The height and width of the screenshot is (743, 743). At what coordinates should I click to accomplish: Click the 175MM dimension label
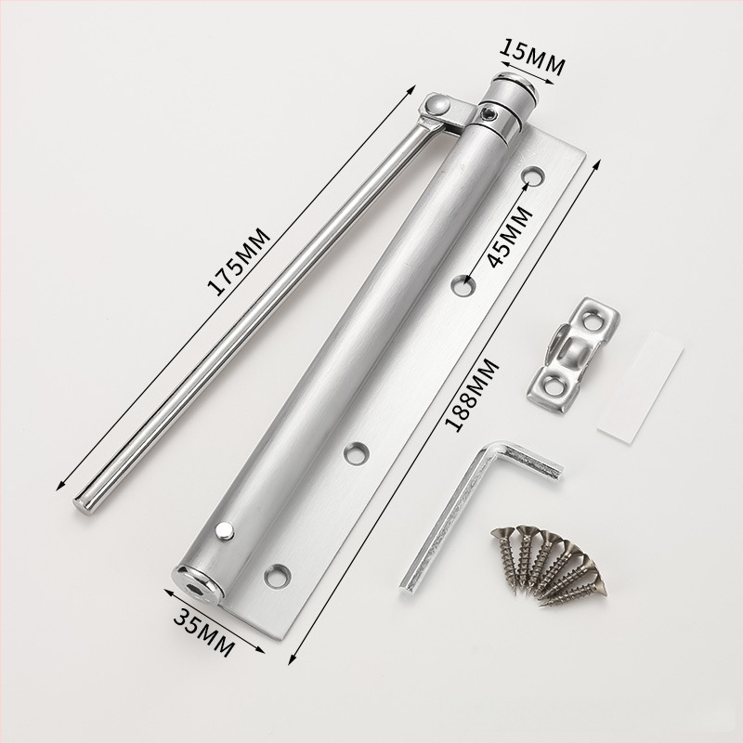click(239, 262)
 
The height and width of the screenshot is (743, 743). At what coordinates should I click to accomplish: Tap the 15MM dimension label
click(533, 57)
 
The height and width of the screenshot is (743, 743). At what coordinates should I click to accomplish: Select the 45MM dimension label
click(509, 237)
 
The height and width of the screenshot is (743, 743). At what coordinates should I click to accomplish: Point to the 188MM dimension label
click(473, 396)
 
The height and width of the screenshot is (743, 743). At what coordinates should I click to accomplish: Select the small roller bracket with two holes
click(573, 355)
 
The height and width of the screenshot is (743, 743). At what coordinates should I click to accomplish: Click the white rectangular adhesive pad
click(640, 387)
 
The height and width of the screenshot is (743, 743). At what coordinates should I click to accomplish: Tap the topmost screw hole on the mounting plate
click(532, 176)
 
